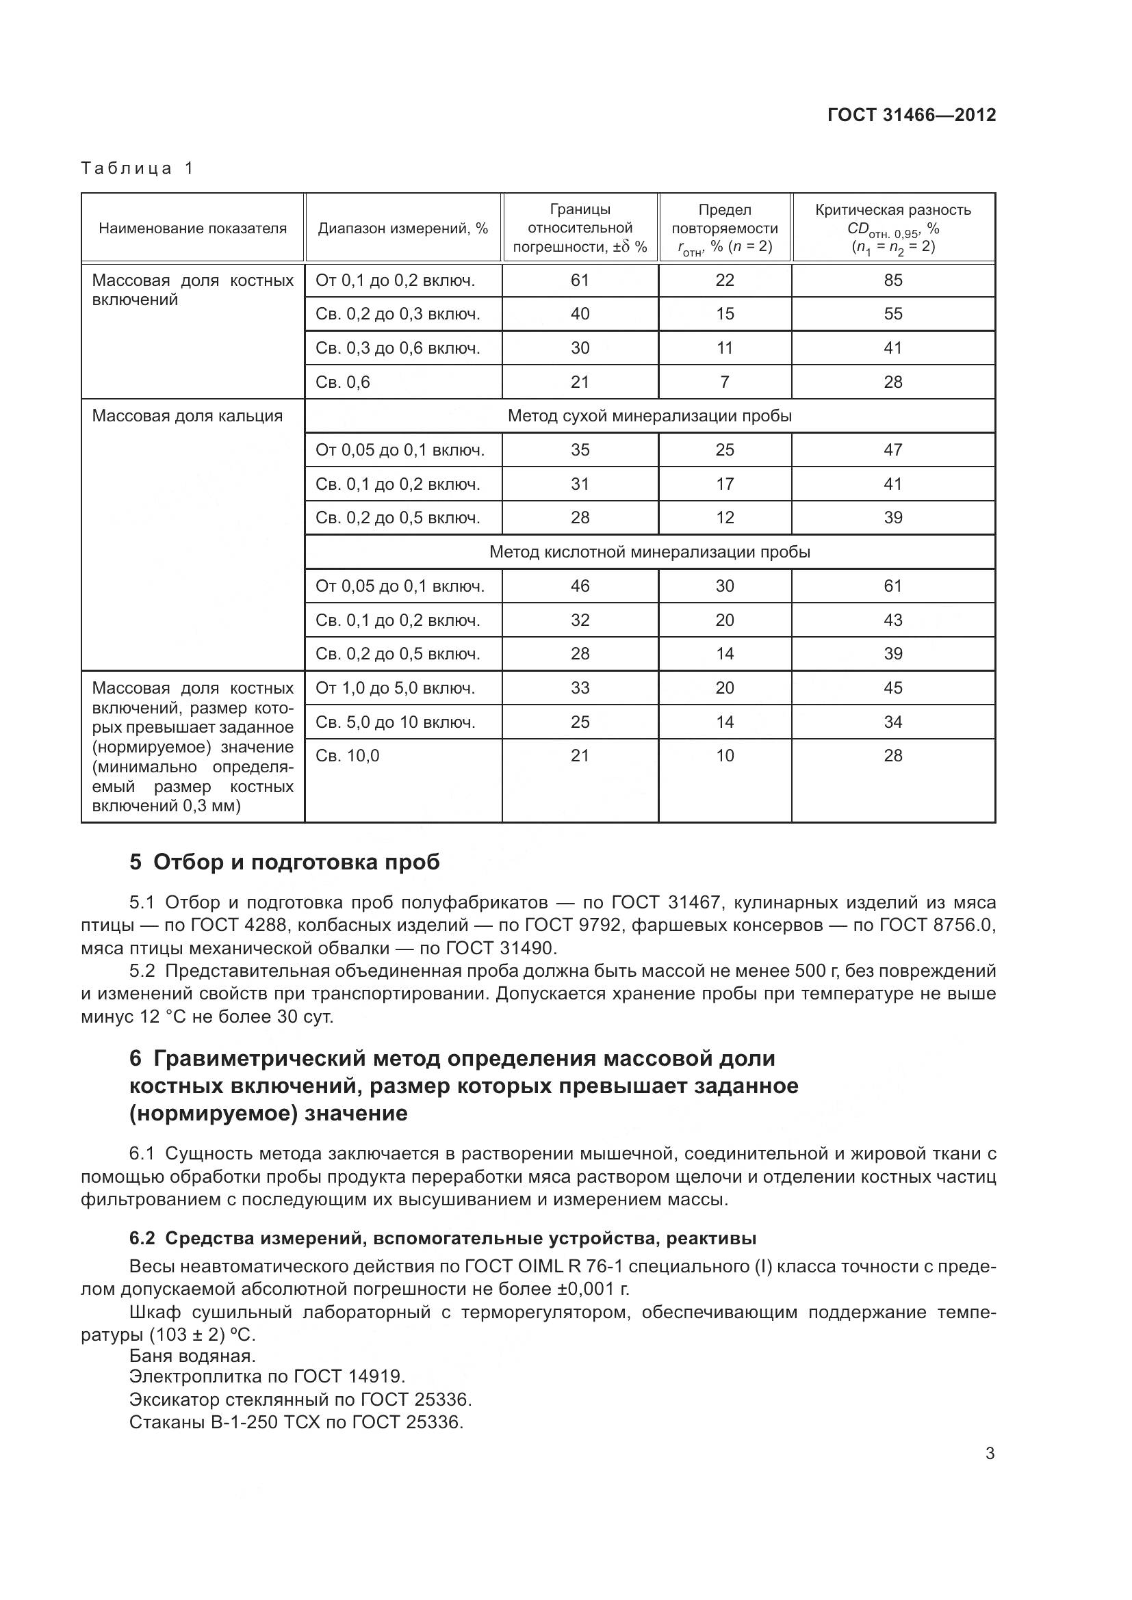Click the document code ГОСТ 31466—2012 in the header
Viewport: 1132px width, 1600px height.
click(911, 115)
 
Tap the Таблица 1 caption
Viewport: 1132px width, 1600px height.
click(137, 168)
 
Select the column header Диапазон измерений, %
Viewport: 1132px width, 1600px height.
click(403, 228)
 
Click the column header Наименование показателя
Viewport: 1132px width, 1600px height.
click(192, 228)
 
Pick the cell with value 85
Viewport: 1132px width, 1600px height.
click(893, 280)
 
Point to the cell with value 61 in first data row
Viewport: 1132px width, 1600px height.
click(580, 280)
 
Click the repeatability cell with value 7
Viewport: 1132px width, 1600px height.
click(725, 382)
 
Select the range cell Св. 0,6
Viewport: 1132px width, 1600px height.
click(343, 382)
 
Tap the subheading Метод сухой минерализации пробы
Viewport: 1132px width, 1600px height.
click(649, 416)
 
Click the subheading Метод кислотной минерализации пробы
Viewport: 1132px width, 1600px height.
click(649, 552)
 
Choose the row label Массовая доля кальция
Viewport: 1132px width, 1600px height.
click(188, 416)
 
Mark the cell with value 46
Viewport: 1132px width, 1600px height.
click(580, 586)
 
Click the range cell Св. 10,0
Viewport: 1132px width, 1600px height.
click(347, 755)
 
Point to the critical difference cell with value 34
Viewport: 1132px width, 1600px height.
click(893, 722)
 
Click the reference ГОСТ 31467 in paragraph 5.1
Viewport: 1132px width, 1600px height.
click(663, 902)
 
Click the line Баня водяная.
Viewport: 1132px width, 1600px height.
click(192, 1355)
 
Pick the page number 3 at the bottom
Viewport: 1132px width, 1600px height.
click(990, 1453)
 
